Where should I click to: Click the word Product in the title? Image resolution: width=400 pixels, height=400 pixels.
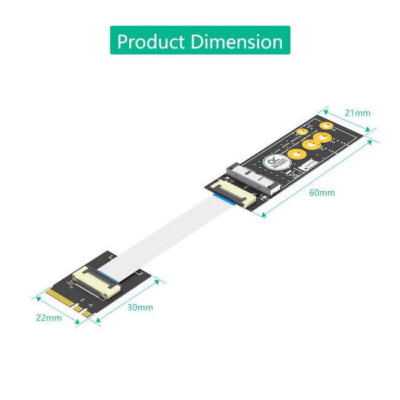click(151, 41)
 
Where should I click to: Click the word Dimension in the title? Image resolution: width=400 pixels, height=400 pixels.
click(236, 41)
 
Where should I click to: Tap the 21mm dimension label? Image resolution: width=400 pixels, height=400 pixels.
click(357, 113)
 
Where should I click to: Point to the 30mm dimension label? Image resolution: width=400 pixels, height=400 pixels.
click(140, 307)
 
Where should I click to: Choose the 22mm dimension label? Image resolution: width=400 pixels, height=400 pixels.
click(49, 318)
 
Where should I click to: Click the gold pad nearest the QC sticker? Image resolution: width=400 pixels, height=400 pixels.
click(297, 156)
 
